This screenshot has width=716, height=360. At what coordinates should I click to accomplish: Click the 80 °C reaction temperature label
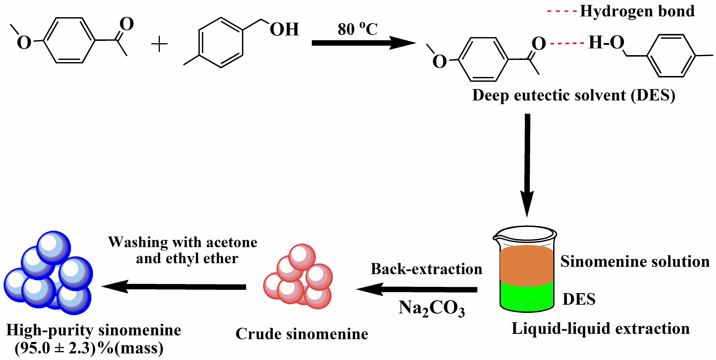click(x=358, y=29)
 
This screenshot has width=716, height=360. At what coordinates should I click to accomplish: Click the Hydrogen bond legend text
click(x=637, y=12)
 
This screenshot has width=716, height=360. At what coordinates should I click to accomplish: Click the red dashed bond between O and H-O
click(x=567, y=43)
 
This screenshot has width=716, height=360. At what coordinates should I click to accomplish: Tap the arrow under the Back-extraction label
click(x=417, y=289)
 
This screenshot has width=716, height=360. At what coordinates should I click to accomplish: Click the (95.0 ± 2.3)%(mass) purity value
click(x=89, y=348)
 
